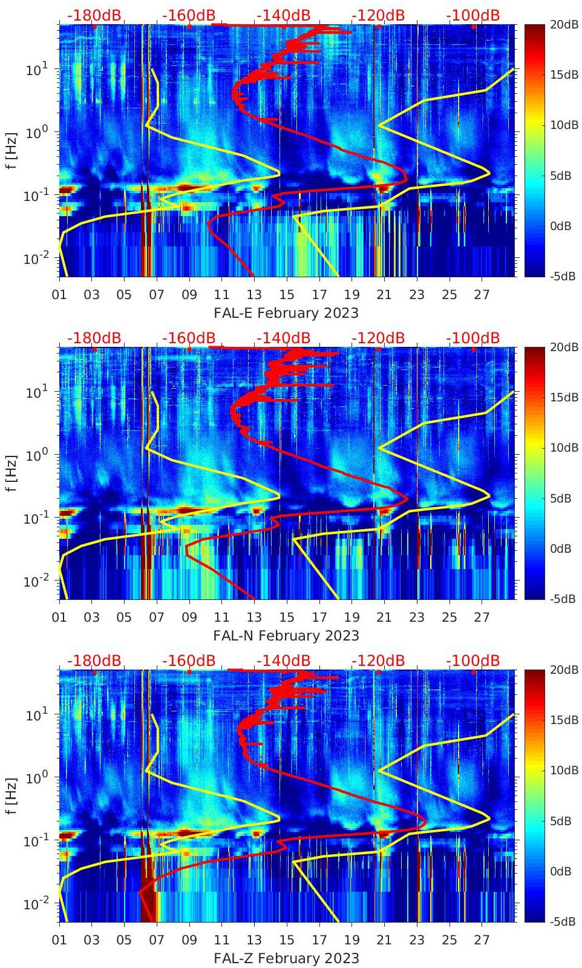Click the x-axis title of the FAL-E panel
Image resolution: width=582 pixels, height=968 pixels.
(286, 313)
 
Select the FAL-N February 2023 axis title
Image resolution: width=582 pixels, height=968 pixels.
(286, 636)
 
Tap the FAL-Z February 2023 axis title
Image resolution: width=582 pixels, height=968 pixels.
(286, 958)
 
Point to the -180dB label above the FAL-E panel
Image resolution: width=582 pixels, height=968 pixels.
(94, 15)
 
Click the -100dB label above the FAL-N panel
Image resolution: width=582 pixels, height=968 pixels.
(473, 338)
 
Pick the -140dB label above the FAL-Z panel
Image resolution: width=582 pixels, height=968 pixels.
(283, 660)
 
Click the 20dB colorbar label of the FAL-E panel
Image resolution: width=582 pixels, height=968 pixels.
(560, 24)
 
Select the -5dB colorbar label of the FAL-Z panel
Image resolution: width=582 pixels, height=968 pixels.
(560, 921)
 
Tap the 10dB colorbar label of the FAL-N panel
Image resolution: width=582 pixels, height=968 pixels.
(560, 448)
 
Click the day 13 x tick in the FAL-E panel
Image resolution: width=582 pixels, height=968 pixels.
(254, 295)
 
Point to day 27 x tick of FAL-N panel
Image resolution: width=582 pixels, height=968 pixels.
(482, 617)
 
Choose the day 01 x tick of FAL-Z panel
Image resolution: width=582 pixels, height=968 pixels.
(59, 940)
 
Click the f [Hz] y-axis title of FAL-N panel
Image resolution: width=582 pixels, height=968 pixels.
(11, 473)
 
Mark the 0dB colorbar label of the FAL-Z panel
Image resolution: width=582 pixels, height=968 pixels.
(560, 871)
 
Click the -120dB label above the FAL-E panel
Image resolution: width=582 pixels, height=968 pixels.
(378, 15)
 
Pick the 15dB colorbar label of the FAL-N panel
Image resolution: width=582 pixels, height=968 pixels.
(560, 397)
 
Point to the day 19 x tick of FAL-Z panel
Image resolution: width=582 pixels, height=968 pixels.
(351, 940)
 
